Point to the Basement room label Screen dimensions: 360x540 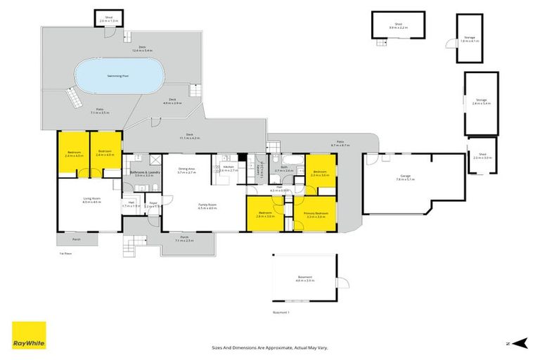point(304,278)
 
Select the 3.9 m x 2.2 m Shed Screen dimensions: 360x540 point(398,26)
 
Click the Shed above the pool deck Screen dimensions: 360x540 point(109,19)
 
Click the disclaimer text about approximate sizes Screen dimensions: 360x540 point(270,347)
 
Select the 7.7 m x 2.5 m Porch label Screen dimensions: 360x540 point(184,239)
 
